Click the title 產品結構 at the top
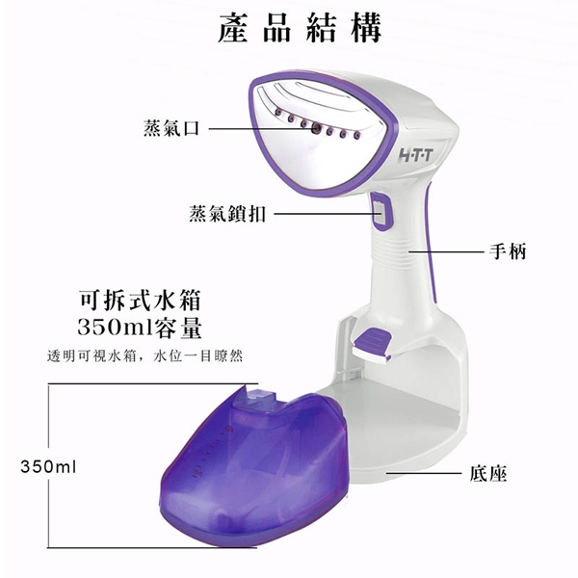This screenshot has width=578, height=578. pyautogui.click(x=300, y=28)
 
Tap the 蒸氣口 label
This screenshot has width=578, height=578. pyautogui.click(x=171, y=128)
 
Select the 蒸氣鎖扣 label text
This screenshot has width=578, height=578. pyautogui.click(x=227, y=214)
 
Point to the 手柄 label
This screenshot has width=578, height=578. pyautogui.click(x=508, y=251)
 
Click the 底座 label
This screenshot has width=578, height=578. pyautogui.click(x=488, y=474)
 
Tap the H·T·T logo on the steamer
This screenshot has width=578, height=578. pyautogui.click(x=415, y=155)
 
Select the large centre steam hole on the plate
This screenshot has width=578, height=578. pyautogui.click(x=316, y=128)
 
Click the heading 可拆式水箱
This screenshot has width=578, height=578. pyautogui.click(x=140, y=301)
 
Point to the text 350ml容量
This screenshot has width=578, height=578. pyautogui.click(x=140, y=328)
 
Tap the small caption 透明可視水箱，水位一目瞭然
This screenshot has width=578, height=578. pyautogui.click(x=144, y=356)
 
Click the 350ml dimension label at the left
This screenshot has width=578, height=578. pyautogui.click(x=48, y=466)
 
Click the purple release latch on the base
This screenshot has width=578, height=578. pyautogui.click(x=372, y=343)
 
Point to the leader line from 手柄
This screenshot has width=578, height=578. pyautogui.click(x=446, y=252)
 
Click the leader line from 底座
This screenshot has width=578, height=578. pyautogui.click(x=424, y=472)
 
